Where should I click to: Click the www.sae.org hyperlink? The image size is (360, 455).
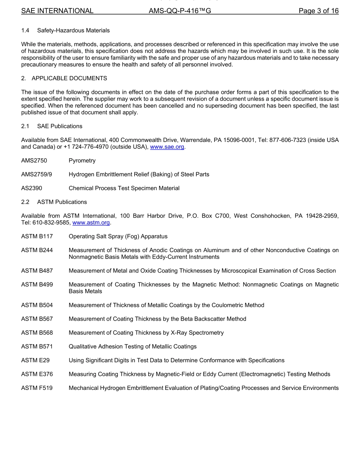point(167,147)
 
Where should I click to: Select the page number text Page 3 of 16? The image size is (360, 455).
point(318,11)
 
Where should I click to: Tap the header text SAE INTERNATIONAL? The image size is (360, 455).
point(57,11)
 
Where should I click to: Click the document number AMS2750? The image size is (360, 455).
point(34,160)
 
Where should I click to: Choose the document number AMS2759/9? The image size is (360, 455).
point(36,175)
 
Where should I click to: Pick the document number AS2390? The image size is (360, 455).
point(32,188)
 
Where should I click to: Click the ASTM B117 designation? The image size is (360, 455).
point(37,236)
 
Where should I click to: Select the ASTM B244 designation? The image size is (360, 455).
point(37,250)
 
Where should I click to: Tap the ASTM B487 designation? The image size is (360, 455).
point(37,271)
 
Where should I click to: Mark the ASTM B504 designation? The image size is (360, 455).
point(37,305)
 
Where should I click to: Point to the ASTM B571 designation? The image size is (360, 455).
point(37,346)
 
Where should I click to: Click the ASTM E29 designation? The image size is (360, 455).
point(35,360)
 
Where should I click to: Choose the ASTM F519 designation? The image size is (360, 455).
point(37,388)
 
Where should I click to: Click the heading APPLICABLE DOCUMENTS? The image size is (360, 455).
point(69,78)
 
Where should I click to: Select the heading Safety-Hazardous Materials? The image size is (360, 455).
point(74,30)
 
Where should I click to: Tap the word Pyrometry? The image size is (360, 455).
point(82,160)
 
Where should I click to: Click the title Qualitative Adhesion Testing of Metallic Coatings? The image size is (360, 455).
point(133,346)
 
